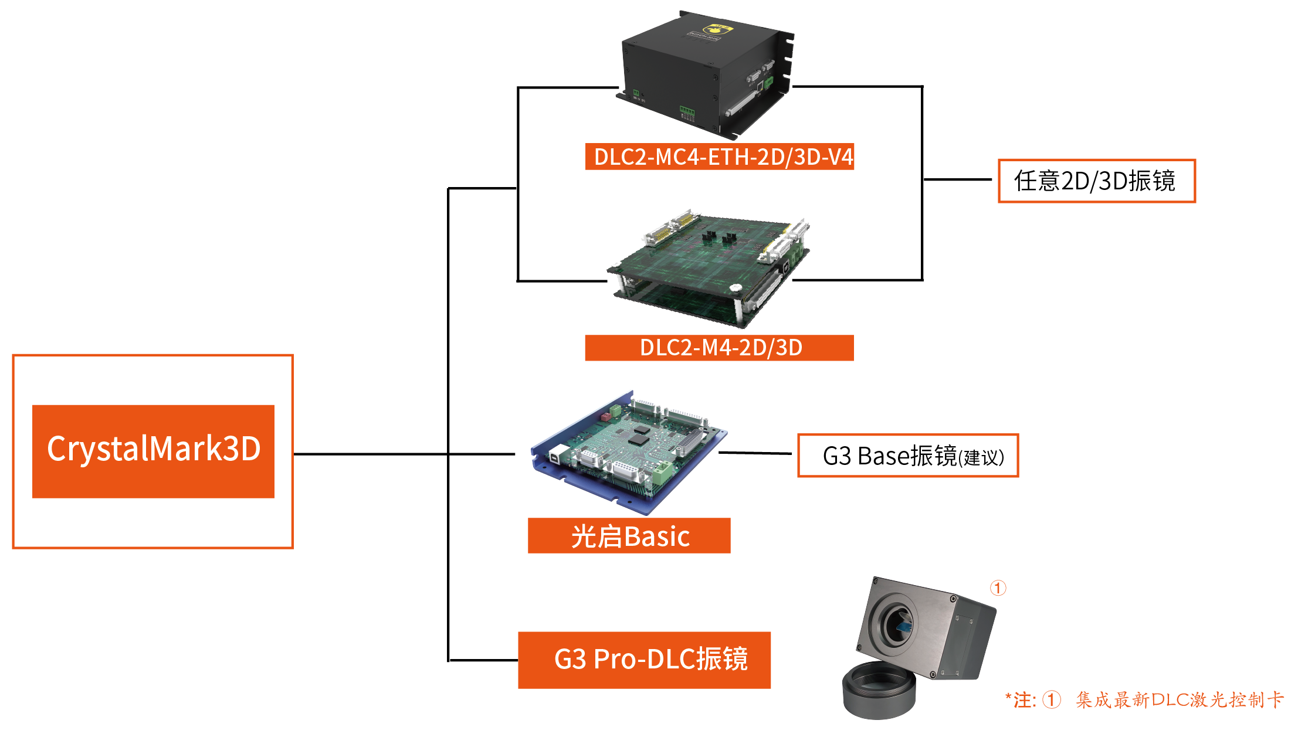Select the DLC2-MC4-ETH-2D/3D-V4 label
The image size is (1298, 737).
(719, 157)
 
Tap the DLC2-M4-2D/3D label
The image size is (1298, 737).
(719, 348)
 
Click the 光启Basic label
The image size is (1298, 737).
(629, 536)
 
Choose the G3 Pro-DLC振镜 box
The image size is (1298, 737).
(644, 660)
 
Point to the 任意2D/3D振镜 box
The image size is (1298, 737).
(1096, 181)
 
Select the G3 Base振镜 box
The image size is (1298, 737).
(907, 456)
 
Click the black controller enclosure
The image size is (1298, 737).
(704, 73)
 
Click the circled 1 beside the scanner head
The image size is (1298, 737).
(998, 588)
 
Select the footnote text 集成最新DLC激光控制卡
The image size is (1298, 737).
(1180, 699)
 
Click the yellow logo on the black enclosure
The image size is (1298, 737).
(714, 29)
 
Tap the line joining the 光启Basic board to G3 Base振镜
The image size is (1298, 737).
(755, 453)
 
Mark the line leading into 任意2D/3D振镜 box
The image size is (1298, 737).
(958, 179)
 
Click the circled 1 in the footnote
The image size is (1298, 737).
(1052, 699)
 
